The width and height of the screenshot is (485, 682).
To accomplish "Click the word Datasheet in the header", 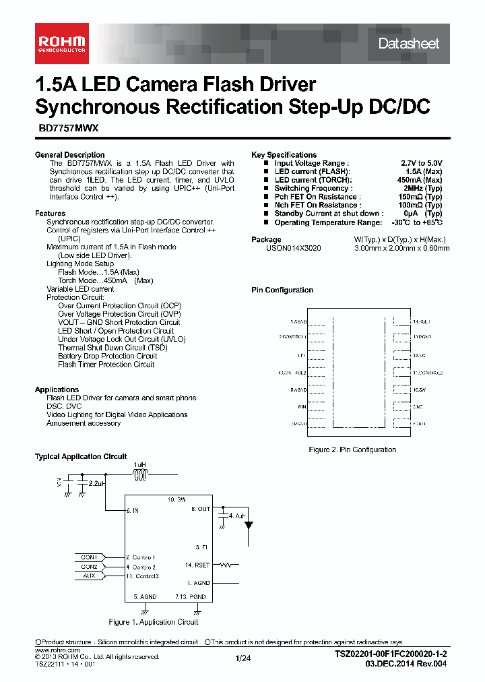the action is click(408, 44).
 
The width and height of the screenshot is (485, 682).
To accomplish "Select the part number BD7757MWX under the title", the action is click(67, 134).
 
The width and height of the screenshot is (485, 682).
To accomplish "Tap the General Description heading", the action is click(70, 155).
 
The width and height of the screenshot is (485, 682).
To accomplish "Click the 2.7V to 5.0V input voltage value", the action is click(422, 164).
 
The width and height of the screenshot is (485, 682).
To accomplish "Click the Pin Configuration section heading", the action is click(282, 290).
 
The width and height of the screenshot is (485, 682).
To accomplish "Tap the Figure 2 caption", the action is click(352, 449).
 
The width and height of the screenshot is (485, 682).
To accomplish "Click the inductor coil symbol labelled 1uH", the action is click(140, 476).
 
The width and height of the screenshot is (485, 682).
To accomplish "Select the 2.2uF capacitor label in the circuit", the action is click(96, 484).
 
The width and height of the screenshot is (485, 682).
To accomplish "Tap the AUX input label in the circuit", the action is click(89, 576).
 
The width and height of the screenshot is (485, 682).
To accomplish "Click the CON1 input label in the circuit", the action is click(89, 557).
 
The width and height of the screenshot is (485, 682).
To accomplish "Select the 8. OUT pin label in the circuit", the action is click(201, 509).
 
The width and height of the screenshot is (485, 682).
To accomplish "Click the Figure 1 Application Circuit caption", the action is click(154, 622).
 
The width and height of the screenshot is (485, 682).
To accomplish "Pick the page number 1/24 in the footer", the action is click(243, 657).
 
